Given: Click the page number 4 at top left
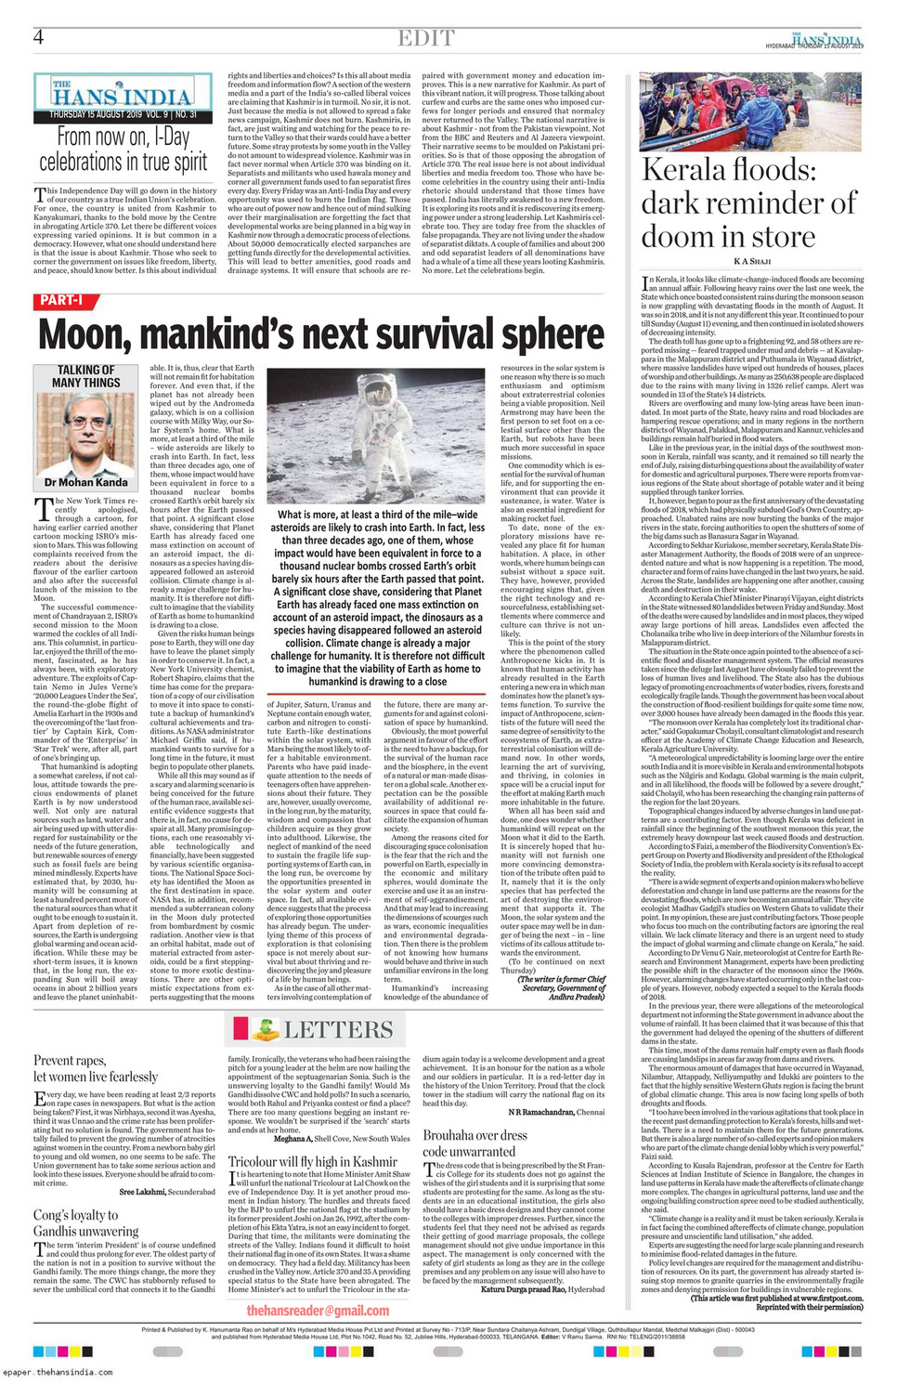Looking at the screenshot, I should tap(39, 37).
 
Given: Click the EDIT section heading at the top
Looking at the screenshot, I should tap(426, 38).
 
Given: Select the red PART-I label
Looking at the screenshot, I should tap(62, 300).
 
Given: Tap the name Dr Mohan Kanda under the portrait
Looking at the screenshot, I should tap(86, 483).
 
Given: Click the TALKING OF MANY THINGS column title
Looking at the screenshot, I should tap(86, 375).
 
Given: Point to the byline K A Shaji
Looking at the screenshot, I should tap(752, 262).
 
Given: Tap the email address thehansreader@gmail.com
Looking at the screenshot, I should tap(318, 1310).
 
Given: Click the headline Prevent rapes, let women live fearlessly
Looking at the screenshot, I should tap(96, 1068).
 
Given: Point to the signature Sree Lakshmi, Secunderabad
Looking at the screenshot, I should tap(167, 1192).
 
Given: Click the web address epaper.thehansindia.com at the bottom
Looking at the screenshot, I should tap(58, 1372).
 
